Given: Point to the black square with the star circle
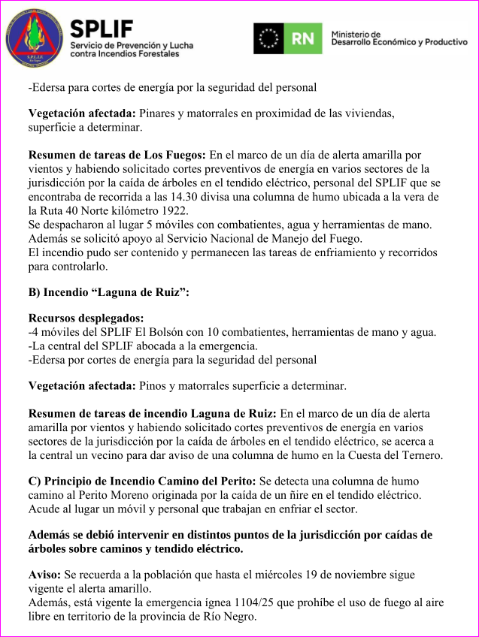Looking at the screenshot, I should tap(268, 38).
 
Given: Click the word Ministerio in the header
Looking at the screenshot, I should tap(356, 34).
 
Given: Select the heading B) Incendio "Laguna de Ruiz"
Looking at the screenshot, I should tap(108, 292).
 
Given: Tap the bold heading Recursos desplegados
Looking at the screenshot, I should tap(86, 318).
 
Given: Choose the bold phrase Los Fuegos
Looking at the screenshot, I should tap(177, 155).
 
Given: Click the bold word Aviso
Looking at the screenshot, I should tap(44, 575).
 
